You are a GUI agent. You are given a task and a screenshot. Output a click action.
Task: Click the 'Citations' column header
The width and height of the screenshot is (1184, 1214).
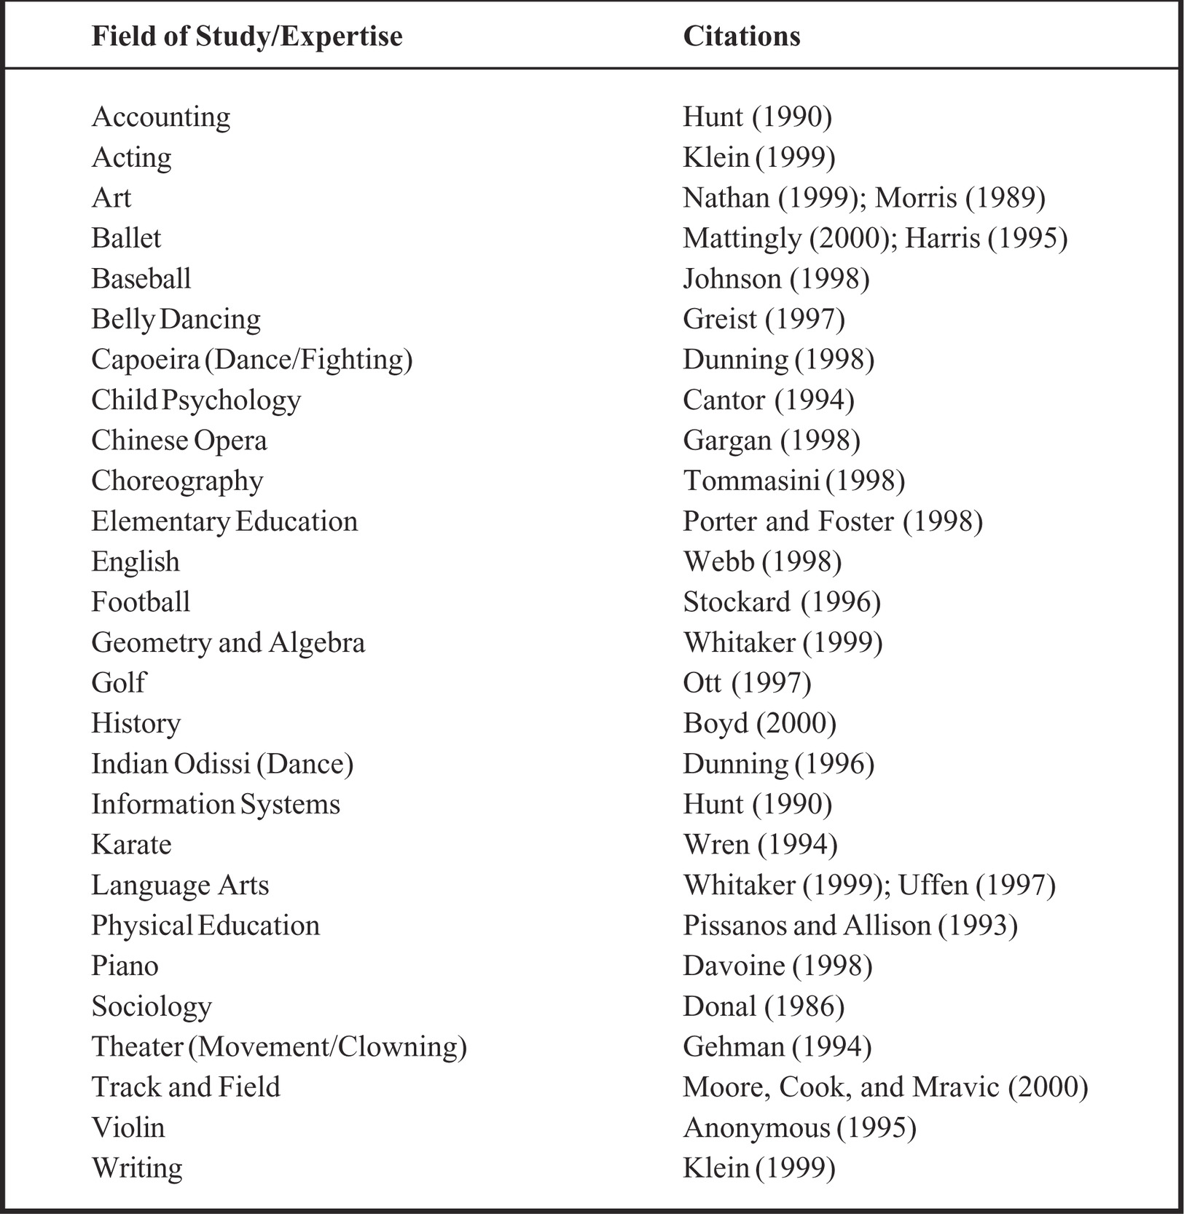pos(741,36)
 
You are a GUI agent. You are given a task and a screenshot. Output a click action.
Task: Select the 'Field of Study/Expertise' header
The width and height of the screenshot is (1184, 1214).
pos(246,36)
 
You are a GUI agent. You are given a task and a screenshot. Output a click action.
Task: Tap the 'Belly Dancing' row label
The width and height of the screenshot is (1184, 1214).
pos(176,319)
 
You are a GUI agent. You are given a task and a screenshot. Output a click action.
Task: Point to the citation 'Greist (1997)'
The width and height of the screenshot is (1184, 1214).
pos(764,319)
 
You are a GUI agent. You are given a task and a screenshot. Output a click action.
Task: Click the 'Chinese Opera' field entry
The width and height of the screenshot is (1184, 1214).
pos(179,441)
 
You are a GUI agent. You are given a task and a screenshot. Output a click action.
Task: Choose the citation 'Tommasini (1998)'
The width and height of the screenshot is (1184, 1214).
pos(793,481)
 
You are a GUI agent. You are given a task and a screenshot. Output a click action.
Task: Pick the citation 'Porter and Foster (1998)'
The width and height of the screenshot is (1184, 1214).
pos(833,521)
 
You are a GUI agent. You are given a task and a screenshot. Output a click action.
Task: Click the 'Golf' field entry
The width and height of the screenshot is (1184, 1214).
pos(119,683)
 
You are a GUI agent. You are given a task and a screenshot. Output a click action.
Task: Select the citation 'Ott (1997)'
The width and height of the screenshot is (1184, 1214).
pos(747,683)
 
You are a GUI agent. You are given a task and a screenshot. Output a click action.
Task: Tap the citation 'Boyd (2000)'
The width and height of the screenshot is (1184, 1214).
pos(759,723)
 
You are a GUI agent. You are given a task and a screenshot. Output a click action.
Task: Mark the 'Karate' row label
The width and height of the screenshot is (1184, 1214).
pos(131,845)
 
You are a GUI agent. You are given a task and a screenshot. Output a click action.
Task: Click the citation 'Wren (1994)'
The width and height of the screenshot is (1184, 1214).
pos(760,845)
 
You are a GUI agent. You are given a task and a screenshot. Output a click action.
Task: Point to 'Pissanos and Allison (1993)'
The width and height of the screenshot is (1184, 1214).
pos(850,926)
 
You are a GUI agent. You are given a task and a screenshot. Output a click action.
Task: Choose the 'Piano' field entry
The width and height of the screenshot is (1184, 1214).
pos(125,966)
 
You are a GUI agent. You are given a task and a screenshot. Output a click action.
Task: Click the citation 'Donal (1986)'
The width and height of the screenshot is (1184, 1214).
pos(764,1006)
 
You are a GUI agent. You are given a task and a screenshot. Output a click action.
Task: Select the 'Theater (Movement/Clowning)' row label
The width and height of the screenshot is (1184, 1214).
pos(279,1047)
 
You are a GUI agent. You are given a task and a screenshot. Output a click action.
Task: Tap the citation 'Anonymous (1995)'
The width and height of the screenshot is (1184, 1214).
pos(799,1128)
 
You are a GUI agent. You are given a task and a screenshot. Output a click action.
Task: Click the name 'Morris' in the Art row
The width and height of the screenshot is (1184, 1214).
pos(915,198)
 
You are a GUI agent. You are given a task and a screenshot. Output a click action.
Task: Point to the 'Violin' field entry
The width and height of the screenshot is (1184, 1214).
pos(128,1128)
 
